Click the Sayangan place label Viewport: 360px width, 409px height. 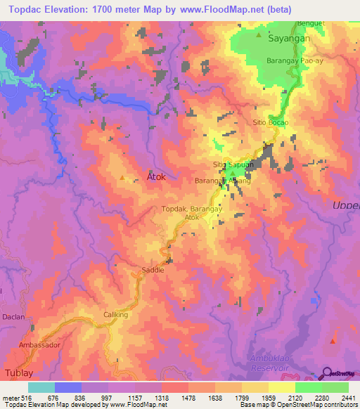(290, 41)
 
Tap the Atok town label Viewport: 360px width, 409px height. (155, 177)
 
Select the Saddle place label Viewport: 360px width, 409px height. (153, 270)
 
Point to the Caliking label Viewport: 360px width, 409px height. (116, 315)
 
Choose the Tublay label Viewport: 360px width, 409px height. (18, 372)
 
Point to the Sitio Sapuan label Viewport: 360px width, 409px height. (233, 164)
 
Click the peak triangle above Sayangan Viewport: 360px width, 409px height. (259, 34)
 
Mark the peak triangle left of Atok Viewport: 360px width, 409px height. (124, 178)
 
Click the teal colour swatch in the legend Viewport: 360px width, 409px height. (41, 387)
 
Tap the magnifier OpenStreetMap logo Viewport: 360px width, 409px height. (327, 374)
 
